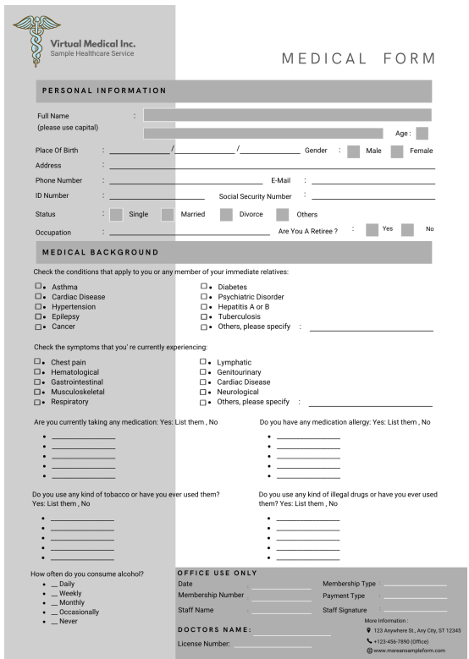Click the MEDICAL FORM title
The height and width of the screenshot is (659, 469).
(x=358, y=59)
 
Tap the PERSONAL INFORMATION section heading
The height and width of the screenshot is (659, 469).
(x=104, y=91)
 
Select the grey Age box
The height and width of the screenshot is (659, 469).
(x=422, y=133)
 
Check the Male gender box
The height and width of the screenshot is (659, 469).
(x=353, y=151)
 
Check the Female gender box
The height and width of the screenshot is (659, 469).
(x=396, y=151)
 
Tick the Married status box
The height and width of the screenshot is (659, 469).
(x=168, y=214)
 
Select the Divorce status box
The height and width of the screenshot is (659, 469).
(x=226, y=214)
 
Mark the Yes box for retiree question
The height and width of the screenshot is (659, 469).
(x=372, y=229)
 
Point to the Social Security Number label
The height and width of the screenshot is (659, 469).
(x=255, y=196)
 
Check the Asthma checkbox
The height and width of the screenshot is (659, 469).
(x=37, y=287)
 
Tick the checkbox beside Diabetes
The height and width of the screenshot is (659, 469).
(x=203, y=287)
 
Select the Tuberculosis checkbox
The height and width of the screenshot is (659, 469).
(x=203, y=316)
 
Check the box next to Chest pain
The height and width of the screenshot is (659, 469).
(x=37, y=361)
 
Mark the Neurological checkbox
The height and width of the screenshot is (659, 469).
(x=203, y=392)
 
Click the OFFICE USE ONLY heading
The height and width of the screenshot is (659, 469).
(x=217, y=574)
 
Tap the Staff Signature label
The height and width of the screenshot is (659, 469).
(x=345, y=610)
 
